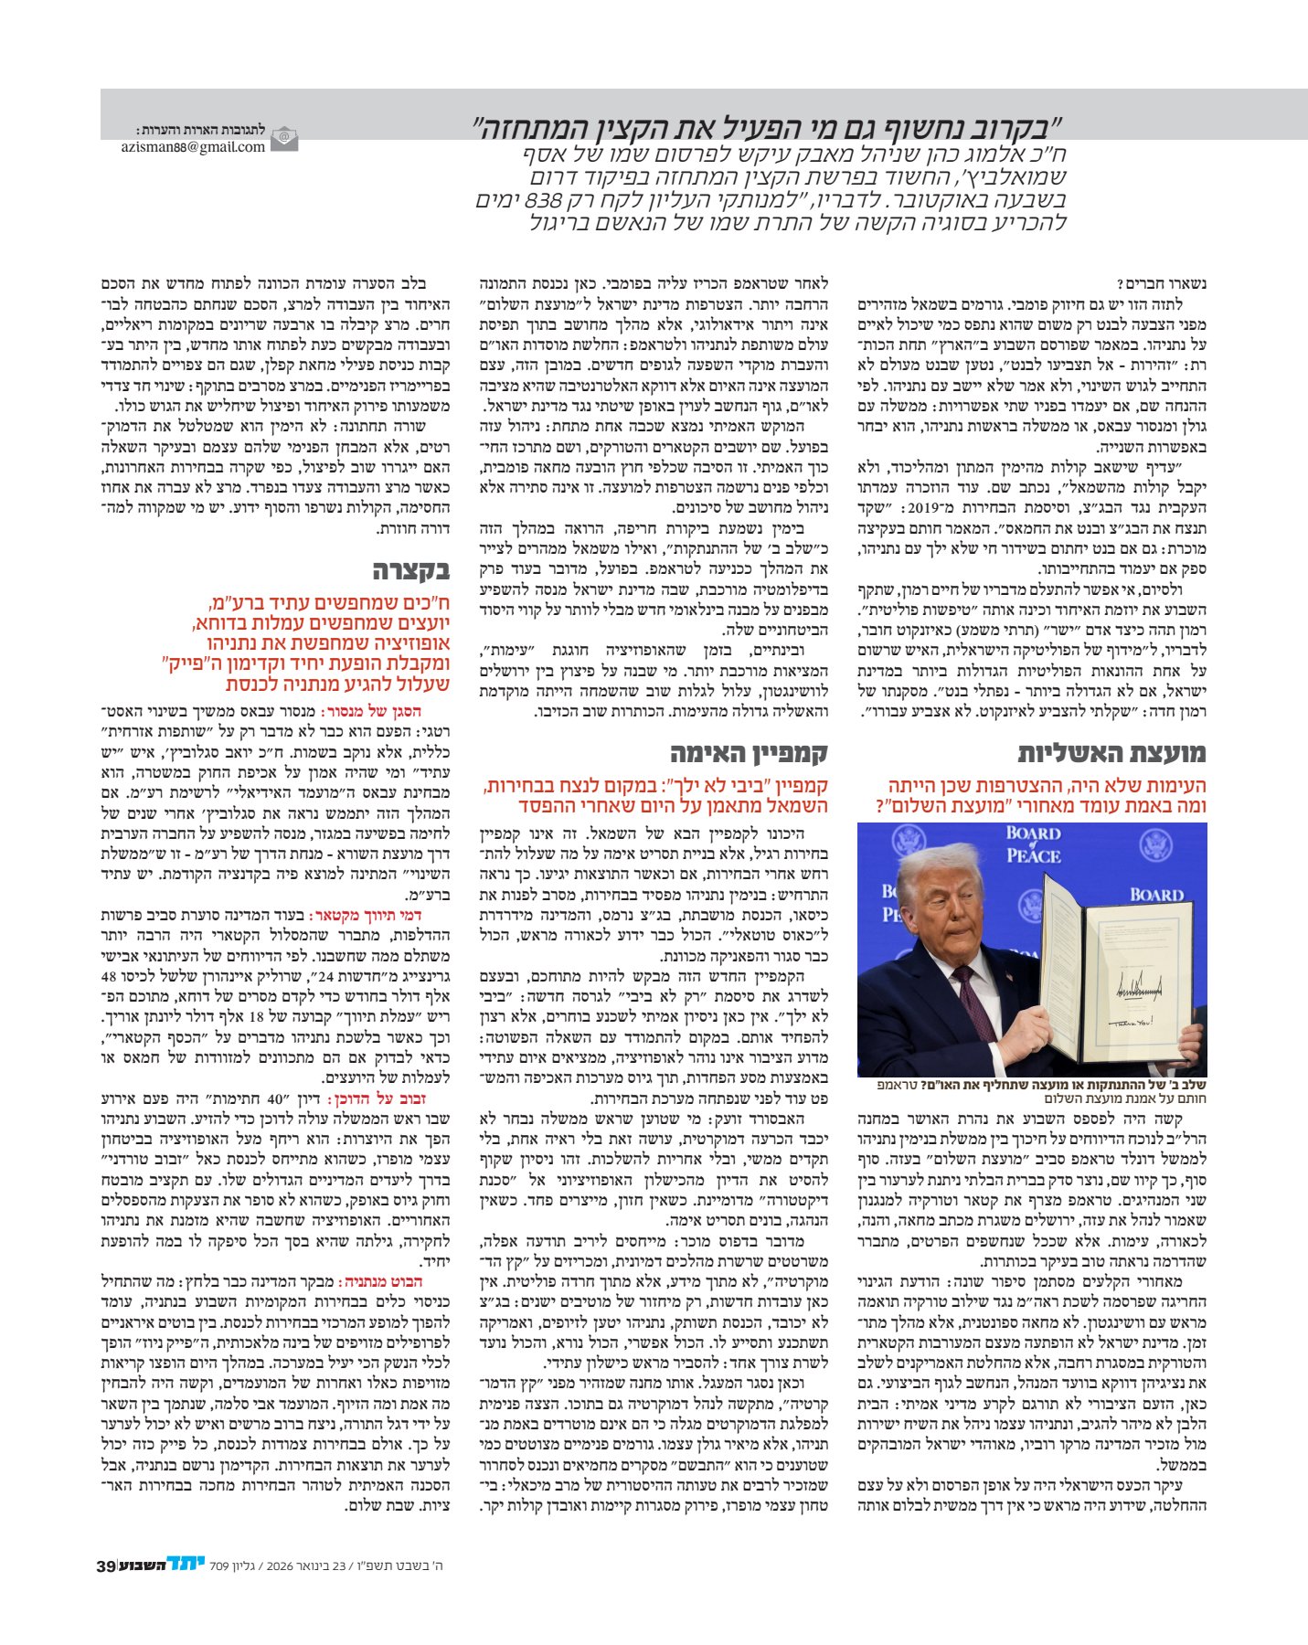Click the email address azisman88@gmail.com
(193, 146)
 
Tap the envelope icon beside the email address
(285, 140)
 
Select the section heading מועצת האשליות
(1111, 753)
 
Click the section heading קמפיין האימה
(748, 753)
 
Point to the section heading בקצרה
(410, 571)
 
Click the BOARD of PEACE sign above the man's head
(1033, 844)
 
